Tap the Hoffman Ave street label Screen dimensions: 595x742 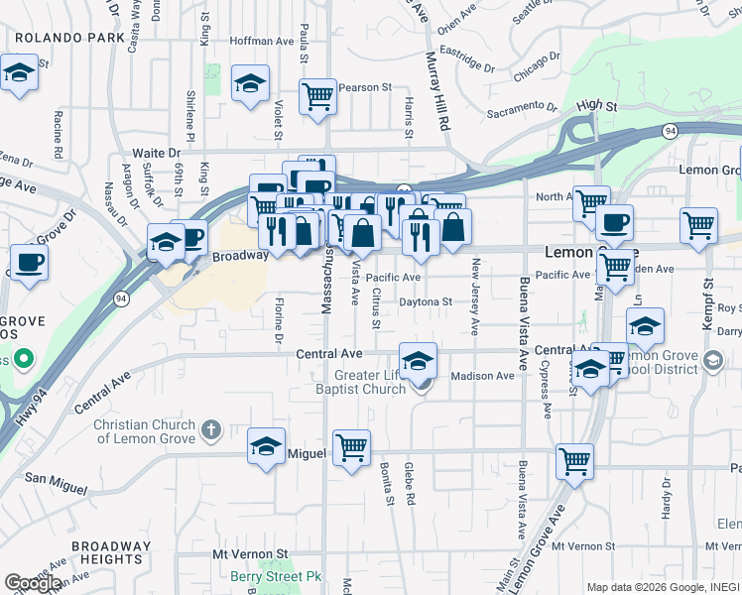262,42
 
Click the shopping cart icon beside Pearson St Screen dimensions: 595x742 318,97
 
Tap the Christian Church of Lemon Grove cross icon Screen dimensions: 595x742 209,430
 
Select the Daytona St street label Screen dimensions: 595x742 426,301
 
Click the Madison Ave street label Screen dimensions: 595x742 482,376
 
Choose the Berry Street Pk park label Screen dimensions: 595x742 264,576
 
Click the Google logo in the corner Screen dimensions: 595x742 33,583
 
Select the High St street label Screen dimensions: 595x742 596,105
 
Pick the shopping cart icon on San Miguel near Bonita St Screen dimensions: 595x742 351,448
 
